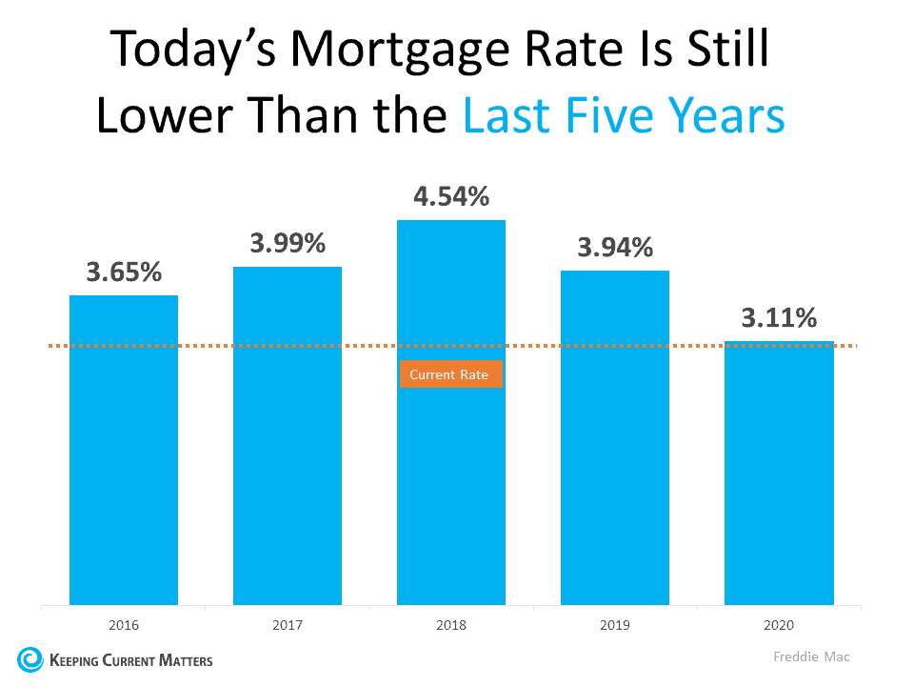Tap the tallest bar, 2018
coord(451,476)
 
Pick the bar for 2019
coord(615,437)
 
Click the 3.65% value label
coord(124,272)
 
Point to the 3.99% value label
coord(288,243)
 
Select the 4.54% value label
coord(451,197)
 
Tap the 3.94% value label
coord(615,248)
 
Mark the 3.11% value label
coord(779,318)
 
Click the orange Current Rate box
coord(449,374)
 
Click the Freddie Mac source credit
coord(811,657)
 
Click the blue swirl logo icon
coord(30,659)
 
